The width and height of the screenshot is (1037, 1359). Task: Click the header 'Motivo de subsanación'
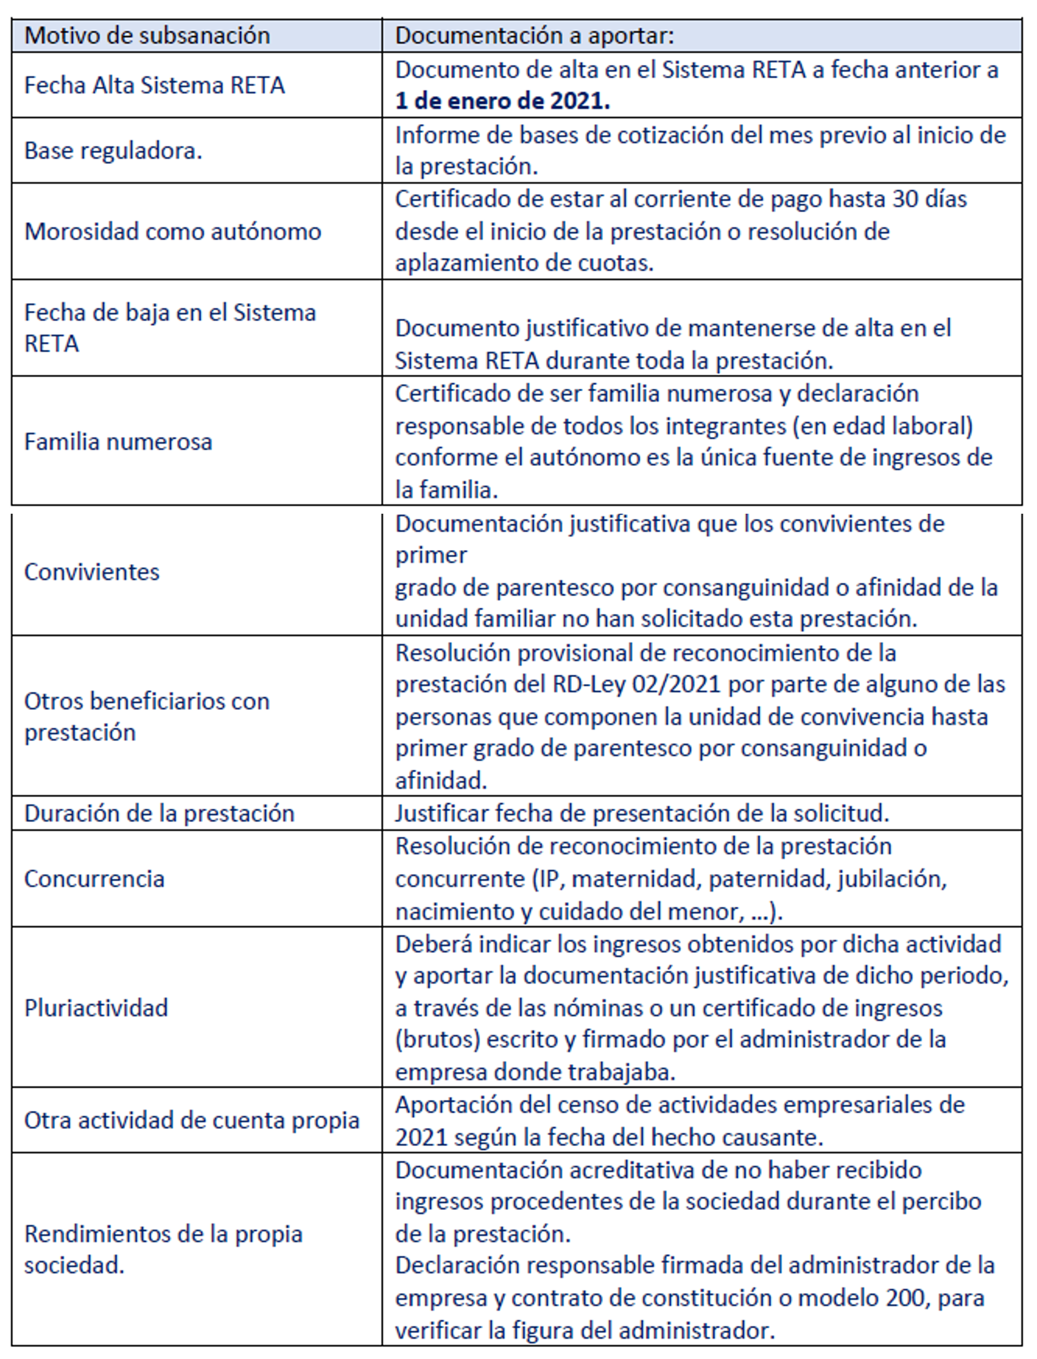(147, 36)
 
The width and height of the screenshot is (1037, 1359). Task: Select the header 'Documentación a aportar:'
(534, 36)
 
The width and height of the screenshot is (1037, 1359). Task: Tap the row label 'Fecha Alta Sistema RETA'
(154, 85)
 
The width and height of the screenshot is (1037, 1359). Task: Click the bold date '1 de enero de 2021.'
(503, 101)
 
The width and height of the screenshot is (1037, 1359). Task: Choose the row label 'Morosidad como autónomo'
(173, 231)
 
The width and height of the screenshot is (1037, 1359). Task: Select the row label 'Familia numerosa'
(118, 442)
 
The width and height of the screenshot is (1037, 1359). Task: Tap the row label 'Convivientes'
(91, 572)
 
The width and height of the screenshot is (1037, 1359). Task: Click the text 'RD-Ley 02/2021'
(636, 684)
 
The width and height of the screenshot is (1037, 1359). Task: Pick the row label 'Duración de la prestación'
(159, 813)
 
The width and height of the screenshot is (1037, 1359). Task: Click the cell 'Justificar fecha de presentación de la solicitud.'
(642, 813)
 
